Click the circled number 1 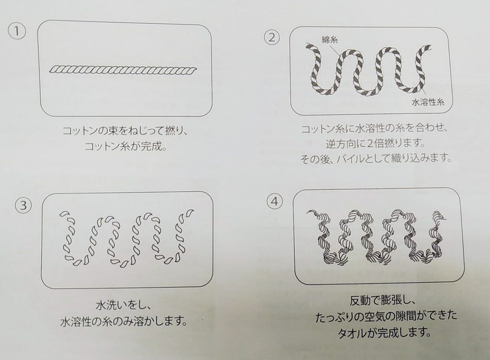[17, 32]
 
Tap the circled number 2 [272, 37]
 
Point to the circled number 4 [274, 201]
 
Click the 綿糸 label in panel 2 [330, 40]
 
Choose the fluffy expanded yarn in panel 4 [377, 236]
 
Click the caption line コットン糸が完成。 [126, 146]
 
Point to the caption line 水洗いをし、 [124, 305]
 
